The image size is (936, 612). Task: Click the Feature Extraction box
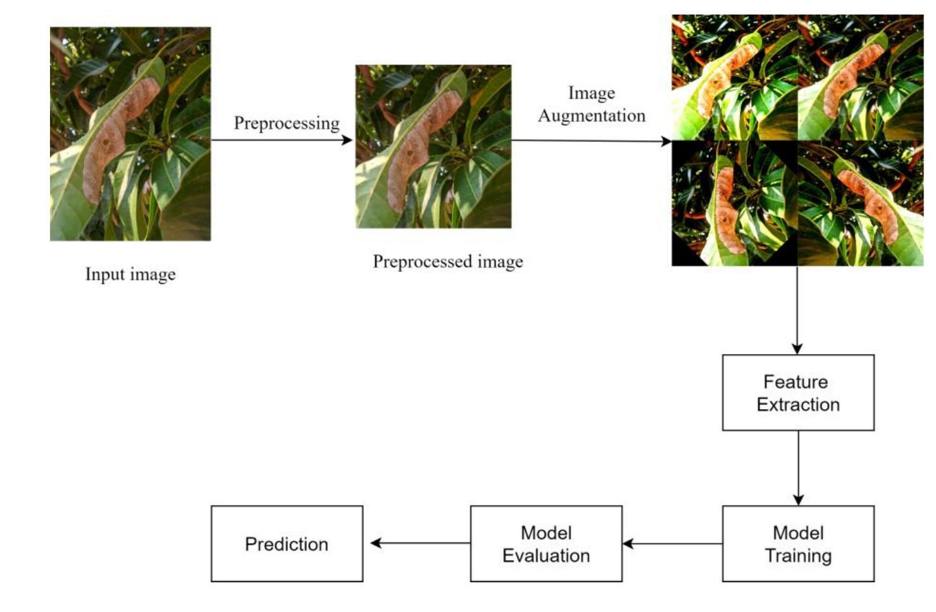tap(798, 393)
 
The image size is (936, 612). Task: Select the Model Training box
tap(798, 544)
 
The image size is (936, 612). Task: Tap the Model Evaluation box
tap(546, 544)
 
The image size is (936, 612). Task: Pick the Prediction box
tap(287, 544)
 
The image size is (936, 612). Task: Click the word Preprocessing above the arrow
tap(287, 123)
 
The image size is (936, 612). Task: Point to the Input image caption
tap(130, 274)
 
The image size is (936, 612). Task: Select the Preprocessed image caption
tap(447, 261)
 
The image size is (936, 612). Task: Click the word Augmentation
tap(592, 116)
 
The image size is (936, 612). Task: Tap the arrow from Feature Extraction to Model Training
tap(798, 468)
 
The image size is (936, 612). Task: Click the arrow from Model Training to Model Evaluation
tap(672, 544)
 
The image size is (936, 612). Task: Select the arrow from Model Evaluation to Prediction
tap(416, 543)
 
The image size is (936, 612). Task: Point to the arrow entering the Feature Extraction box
tap(797, 310)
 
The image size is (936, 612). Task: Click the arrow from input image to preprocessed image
tap(282, 140)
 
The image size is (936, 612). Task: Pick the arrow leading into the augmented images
tap(591, 140)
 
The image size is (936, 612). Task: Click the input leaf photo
tap(130, 133)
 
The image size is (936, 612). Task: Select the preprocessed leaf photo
tap(434, 146)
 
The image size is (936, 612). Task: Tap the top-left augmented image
tap(734, 77)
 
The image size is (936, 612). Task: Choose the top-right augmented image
tap(861, 77)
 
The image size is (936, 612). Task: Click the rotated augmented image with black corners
tap(734, 203)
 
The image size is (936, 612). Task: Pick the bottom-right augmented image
tap(861, 203)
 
